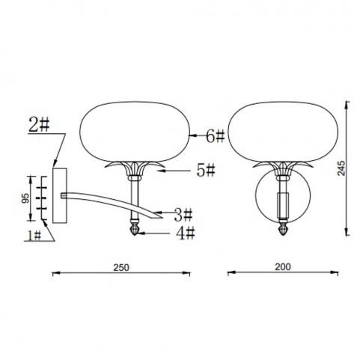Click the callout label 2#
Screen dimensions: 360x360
tap(39, 125)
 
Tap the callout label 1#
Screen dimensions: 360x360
tap(34, 235)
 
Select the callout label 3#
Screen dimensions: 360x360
tap(183, 215)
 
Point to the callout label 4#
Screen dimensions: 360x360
tap(185, 234)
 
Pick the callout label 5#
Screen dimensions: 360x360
tap(206, 171)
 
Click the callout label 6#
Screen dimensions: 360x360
tap(216, 136)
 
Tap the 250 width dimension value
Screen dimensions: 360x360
tap(121, 267)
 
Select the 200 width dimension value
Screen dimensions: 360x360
tap(283, 267)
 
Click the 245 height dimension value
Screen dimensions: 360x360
tap(341, 168)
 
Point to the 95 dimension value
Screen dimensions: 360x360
tap(25, 198)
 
